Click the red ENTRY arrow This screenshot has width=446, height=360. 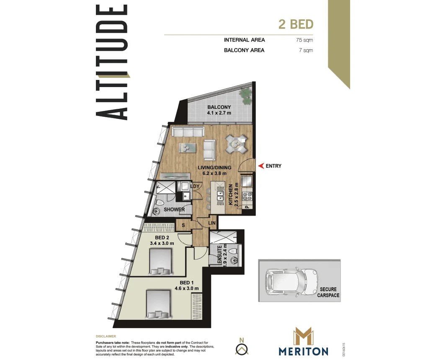(261, 166)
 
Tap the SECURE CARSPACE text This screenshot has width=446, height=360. (328, 292)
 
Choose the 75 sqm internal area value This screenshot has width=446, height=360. (304, 40)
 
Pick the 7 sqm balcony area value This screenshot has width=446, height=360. (307, 50)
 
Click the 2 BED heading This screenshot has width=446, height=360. (296, 24)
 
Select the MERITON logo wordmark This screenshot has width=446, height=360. (304, 351)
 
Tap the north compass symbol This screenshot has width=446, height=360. (242, 347)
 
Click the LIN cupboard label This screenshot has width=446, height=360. (212, 223)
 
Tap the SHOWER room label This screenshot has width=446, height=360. (174, 210)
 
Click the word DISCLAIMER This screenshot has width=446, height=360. (106, 336)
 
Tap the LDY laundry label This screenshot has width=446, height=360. (195, 186)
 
